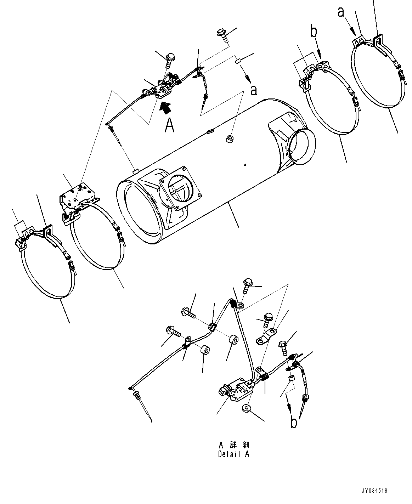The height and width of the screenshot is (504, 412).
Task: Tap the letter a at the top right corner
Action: click(340, 12)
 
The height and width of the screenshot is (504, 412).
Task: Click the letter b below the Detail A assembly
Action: click(294, 421)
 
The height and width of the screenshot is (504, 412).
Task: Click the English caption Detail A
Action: click(233, 454)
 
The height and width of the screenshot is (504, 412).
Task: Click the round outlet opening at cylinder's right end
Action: click(302, 146)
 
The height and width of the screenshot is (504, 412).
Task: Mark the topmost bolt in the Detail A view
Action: click(247, 283)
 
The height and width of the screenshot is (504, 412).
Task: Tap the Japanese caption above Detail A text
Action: click(233, 445)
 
